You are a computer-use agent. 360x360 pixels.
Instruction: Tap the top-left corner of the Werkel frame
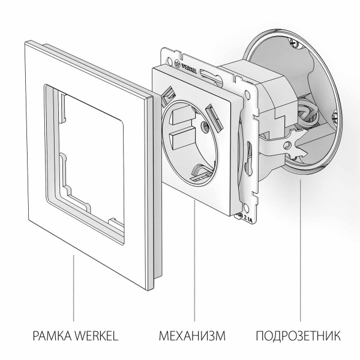29,42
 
